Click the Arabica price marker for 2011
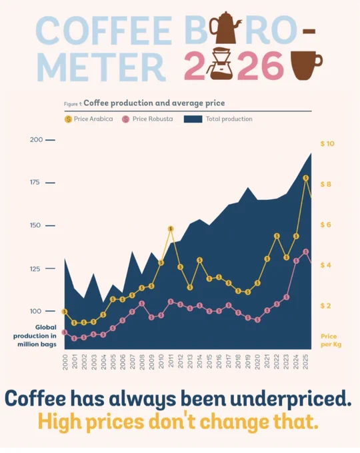coord(171,228)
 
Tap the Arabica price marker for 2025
coord(306,178)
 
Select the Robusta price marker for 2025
coord(306,252)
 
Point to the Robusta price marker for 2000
coord(65,332)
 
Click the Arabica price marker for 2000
coord(65,312)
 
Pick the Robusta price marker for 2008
coord(142,304)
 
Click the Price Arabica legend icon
coord(68,119)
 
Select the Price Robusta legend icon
coord(125,119)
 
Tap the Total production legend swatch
coord(193,119)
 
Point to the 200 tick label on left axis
coord(36,140)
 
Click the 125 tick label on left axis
coord(35,269)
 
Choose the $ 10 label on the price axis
coord(327,144)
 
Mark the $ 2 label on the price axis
coord(325,306)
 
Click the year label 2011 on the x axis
coord(171,362)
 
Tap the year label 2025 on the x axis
coord(305,362)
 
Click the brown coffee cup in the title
coord(305,65)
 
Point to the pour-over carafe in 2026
coord(221,63)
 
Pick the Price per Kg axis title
coord(331,340)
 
